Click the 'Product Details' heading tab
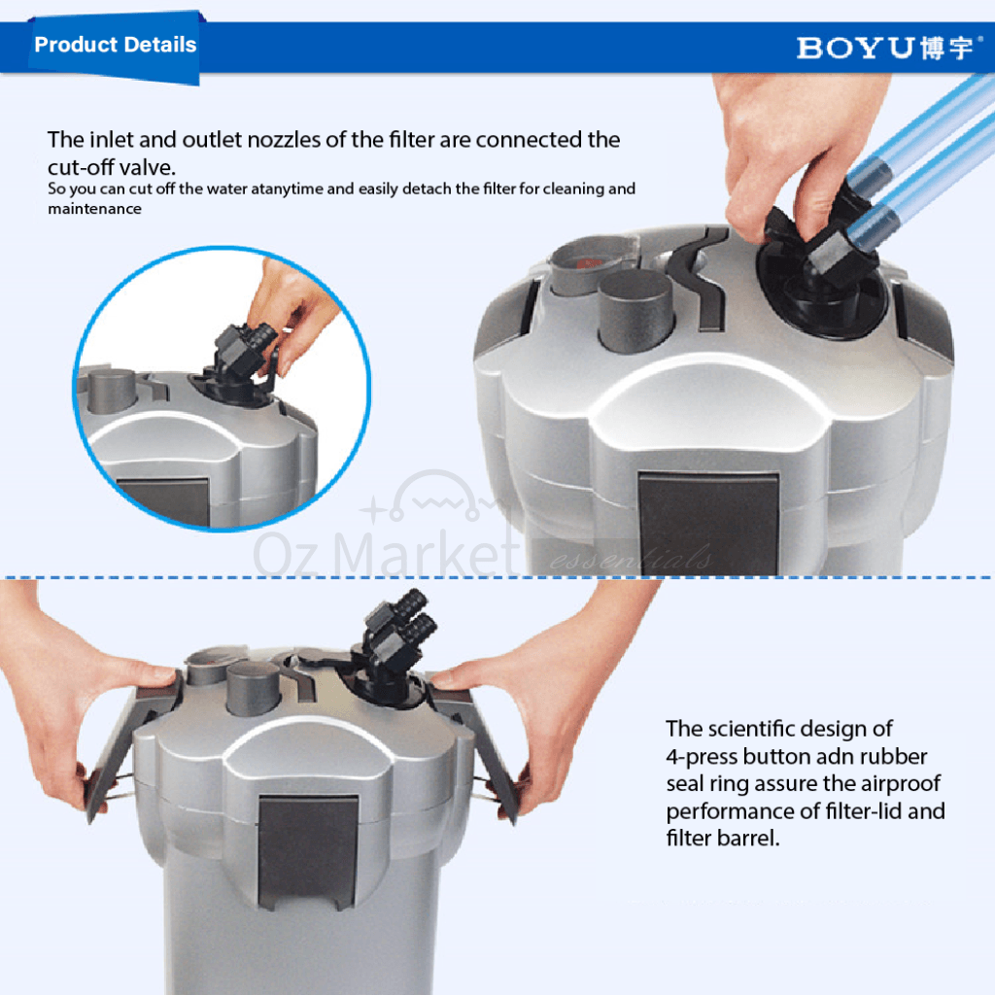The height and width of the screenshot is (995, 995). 115,45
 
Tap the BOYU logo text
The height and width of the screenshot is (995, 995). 854,49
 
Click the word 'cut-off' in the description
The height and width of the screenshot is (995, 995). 81,167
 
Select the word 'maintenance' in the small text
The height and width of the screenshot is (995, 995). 94,209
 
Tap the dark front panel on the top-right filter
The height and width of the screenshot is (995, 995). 708,524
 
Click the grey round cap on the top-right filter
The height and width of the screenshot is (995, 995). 635,310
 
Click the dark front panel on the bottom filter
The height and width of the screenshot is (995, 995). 308,851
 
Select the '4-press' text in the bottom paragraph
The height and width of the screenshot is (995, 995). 702,757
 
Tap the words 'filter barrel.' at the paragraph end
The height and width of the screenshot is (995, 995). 723,839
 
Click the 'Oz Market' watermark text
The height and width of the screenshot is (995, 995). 387,553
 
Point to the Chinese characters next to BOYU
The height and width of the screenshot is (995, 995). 946,49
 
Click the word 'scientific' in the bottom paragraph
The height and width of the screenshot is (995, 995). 753,729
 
